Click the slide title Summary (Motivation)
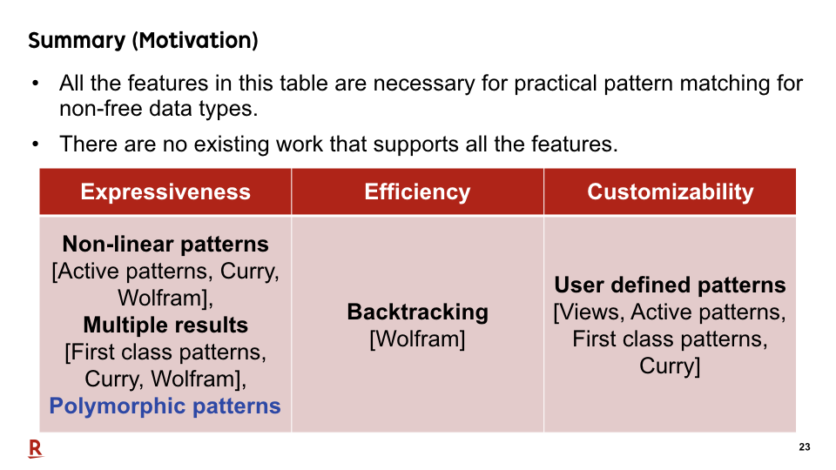[x=143, y=41]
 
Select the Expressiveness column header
[x=165, y=191]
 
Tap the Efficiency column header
[x=417, y=191]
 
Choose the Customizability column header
[x=671, y=191]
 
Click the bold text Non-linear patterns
[x=165, y=244]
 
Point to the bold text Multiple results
[x=165, y=325]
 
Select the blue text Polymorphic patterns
[x=165, y=406]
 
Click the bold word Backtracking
[x=417, y=312]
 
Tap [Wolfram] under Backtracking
[x=417, y=339]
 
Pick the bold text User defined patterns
[x=670, y=285]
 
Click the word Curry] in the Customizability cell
[x=670, y=366]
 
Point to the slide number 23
[x=805, y=447]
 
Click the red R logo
[x=36, y=449]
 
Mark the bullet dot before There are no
[x=35, y=144]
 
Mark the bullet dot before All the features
[x=35, y=84]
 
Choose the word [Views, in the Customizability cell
[x=590, y=312]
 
